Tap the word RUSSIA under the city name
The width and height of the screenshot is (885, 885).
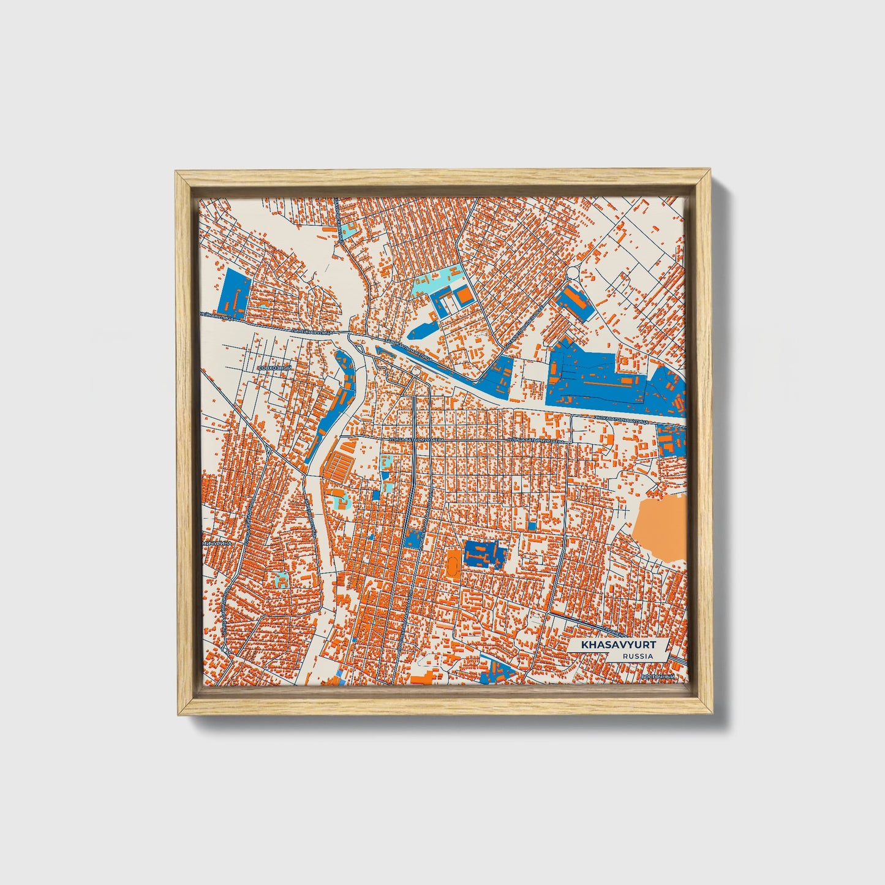pos(637,656)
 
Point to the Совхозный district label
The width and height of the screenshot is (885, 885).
pos(272,368)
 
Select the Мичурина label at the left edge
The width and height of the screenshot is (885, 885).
pos(215,543)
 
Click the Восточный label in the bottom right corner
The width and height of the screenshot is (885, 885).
pos(658,676)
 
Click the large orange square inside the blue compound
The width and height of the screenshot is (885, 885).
pos(465,296)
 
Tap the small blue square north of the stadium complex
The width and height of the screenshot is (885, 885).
pos(532,525)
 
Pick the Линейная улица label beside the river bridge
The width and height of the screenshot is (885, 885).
pos(312,331)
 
